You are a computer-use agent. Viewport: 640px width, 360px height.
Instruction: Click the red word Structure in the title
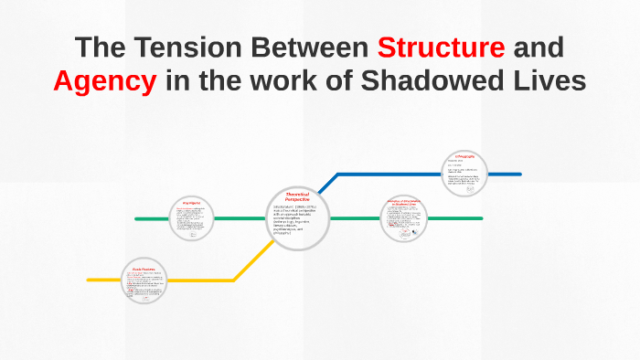[x=440, y=47]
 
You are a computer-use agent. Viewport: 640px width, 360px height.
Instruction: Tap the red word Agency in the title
[x=104, y=80]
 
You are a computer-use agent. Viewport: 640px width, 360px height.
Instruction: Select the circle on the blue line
[x=465, y=173]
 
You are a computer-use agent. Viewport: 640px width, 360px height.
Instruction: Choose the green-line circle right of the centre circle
[x=404, y=219]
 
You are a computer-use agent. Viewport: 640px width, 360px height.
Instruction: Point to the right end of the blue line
[x=518, y=173]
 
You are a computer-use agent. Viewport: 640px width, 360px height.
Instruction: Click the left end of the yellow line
[x=90, y=280]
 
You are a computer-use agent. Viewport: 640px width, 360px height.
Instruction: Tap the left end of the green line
[x=137, y=219]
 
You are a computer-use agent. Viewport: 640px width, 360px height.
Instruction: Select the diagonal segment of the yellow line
[x=253, y=261]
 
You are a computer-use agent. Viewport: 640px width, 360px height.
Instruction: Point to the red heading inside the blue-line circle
[x=465, y=157]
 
